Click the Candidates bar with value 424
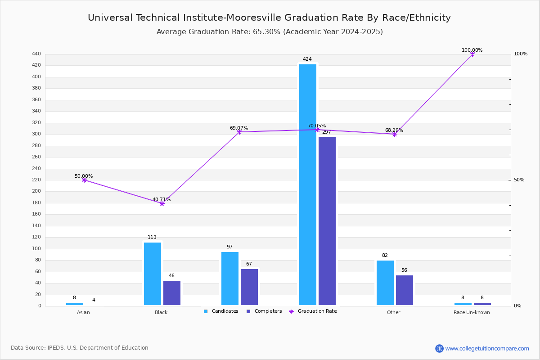(308, 184)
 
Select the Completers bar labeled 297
(327, 221)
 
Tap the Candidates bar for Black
(153, 274)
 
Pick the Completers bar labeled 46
(171, 293)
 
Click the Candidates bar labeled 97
(230, 279)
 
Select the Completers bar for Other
(404, 290)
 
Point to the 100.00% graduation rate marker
(472, 54)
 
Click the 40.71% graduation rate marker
(162, 204)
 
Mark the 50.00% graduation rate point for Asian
(84, 180)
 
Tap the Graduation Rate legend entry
(313, 311)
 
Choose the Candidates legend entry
(221, 311)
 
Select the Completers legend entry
(264, 311)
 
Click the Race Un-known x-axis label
(472, 312)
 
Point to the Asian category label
(83, 312)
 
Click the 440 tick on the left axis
(36, 54)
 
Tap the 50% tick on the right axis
(519, 180)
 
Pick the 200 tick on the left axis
(36, 191)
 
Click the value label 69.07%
(239, 128)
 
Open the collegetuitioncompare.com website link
(487, 348)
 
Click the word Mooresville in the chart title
(254, 18)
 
